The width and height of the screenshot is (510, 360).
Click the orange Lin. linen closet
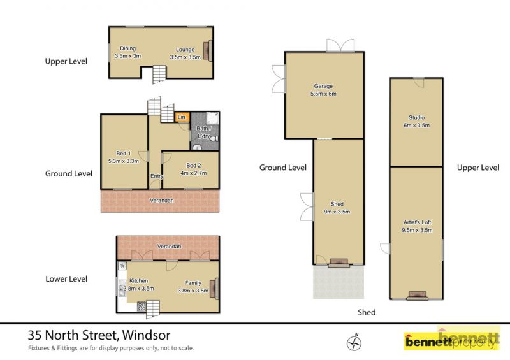(182, 117)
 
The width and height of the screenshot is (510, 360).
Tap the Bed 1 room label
(124, 153)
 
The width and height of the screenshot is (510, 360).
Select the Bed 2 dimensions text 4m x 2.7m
(194, 173)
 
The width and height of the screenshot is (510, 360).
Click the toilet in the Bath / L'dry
(214, 138)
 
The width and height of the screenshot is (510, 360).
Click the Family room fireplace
(214, 289)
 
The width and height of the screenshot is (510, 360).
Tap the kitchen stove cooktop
(142, 306)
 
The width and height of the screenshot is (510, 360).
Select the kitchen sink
(122, 288)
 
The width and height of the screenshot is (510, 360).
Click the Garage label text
(323, 86)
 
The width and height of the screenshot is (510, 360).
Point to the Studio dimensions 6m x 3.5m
(417, 125)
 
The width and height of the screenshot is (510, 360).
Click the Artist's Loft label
(418, 222)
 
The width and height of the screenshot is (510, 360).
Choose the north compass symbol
(354, 342)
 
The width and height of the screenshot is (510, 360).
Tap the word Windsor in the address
(147, 335)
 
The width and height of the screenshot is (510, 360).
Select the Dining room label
(128, 48)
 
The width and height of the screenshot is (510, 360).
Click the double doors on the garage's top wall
(340, 45)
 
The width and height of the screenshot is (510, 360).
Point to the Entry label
(157, 176)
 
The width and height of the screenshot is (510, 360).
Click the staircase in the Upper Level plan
(159, 74)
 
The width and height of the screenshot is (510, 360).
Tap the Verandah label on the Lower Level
(169, 247)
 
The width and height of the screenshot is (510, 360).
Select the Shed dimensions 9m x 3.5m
(337, 212)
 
